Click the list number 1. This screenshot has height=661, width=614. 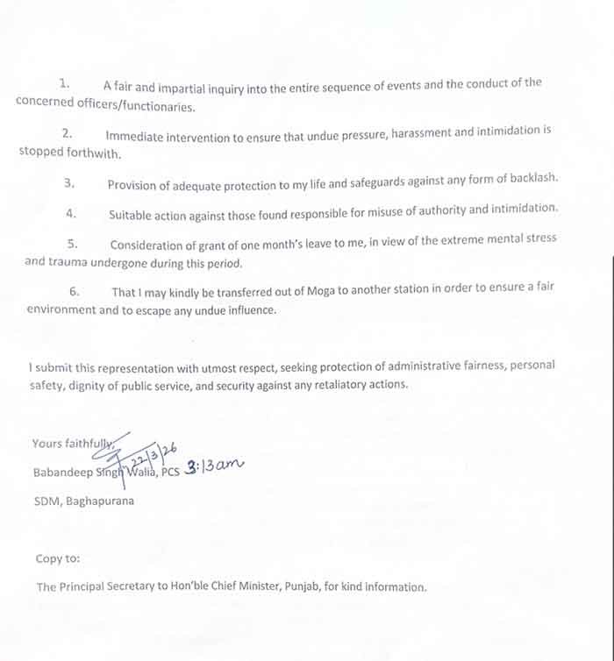64,84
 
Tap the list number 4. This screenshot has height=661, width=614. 71,213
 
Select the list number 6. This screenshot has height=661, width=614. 75,290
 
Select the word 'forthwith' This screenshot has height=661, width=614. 94,153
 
